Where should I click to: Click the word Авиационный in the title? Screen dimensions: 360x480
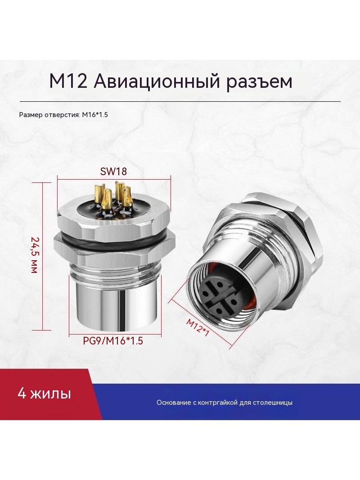pos(156,82)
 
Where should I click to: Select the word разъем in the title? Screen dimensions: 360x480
pos(259,82)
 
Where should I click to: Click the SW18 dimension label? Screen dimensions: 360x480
pos(113,171)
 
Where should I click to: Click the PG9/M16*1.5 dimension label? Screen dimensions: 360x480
pos(113,341)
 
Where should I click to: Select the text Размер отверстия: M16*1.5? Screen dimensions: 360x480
pos(63,115)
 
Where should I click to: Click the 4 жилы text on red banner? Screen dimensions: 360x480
pos(45,394)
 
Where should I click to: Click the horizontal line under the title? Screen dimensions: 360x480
pos(180,101)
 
